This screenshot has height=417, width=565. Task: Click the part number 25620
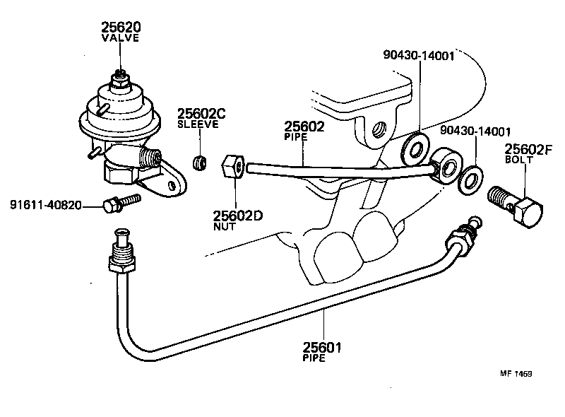tap(121, 28)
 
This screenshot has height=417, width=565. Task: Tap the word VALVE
tap(121, 38)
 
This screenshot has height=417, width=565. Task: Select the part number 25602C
tap(201, 113)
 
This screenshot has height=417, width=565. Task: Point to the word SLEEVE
tap(198, 124)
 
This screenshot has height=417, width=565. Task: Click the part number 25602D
tap(238, 216)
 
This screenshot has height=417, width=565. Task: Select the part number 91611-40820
tap(45, 206)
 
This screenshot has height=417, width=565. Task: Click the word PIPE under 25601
tap(314, 358)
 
